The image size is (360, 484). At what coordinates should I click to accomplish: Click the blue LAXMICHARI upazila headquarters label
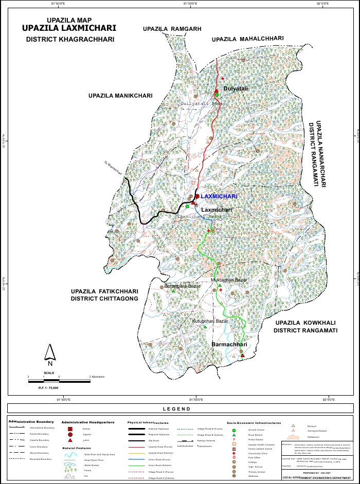pos(219,197)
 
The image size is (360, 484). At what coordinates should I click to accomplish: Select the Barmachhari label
pos(230,344)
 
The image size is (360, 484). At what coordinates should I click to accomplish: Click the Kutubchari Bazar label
pos(210,321)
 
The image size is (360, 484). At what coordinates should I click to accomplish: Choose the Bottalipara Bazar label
pos(183,286)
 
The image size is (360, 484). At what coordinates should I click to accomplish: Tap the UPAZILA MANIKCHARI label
pos(120,96)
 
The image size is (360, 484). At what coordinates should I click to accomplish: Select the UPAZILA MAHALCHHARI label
pos(248,39)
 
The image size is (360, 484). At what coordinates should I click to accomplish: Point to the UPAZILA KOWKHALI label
pos(306,323)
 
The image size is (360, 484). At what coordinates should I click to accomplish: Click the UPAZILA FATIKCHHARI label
pos(105,291)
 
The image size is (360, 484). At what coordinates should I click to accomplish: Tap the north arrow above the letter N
pos(50,352)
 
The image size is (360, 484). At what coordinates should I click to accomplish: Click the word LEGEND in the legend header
pos(176,409)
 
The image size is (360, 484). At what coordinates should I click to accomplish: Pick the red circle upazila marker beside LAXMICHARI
pos(197,196)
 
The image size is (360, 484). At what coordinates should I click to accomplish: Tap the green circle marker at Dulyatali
pos(217,95)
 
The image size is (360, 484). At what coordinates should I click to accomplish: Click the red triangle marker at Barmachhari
pos(242,355)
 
